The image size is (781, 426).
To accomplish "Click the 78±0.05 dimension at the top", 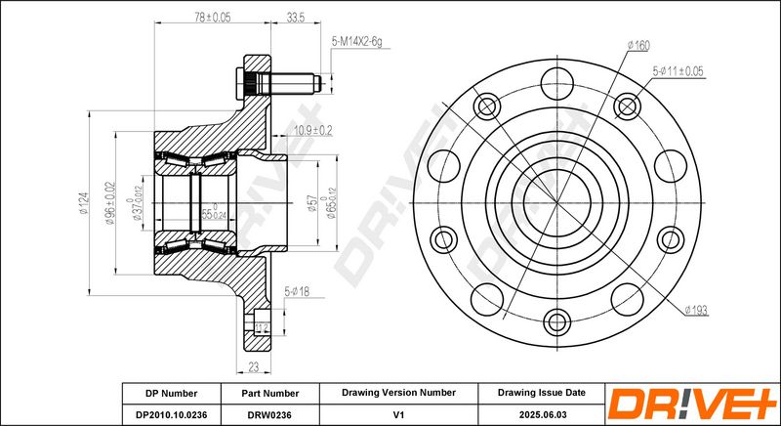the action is pyautogui.click(x=212, y=17).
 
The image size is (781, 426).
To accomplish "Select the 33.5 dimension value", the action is pyautogui.click(x=296, y=18).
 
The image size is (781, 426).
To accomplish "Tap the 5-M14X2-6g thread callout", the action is pyautogui.click(x=356, y=42).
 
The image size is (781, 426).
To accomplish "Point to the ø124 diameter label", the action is pyautogui.click(x=83, y=203).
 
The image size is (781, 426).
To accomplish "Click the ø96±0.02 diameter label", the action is pyautogui.click(x=110, y=203).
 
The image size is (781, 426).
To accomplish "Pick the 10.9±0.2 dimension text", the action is pyautogui.click(x=312, y=131).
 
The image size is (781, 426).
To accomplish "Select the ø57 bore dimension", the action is pyautogui.click(x=312, y=203).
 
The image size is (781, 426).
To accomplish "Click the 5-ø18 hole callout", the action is pyautogui.click(x=297, y=291).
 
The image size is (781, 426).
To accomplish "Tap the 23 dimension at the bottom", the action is pyautogui.click(x=254, y=367).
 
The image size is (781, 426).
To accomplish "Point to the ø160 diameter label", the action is pyautogui.click(x=638, y=46).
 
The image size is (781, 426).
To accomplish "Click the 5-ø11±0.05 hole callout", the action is pyautogui.click(x=678, y=71).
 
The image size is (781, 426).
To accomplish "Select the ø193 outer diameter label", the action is pyautogui.click(x=696, y=311).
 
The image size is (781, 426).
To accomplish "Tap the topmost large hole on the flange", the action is pyautogui.click(x=556, y=83).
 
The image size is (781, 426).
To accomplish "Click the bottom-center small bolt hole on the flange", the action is pyautogui.click(x=556, y=321).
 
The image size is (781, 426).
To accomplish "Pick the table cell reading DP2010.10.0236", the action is pyautogui.click(x=172, y=414).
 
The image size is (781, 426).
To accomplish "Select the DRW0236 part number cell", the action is pyautogui.click(x=270, y=414).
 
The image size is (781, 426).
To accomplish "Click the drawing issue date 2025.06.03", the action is pyautogui.click(x=542, y=414).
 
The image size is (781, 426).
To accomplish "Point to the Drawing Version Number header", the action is pyautogui.click(x=398, y=393).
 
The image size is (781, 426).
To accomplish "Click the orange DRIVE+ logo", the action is pyautogui.click(x=692, y=404).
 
